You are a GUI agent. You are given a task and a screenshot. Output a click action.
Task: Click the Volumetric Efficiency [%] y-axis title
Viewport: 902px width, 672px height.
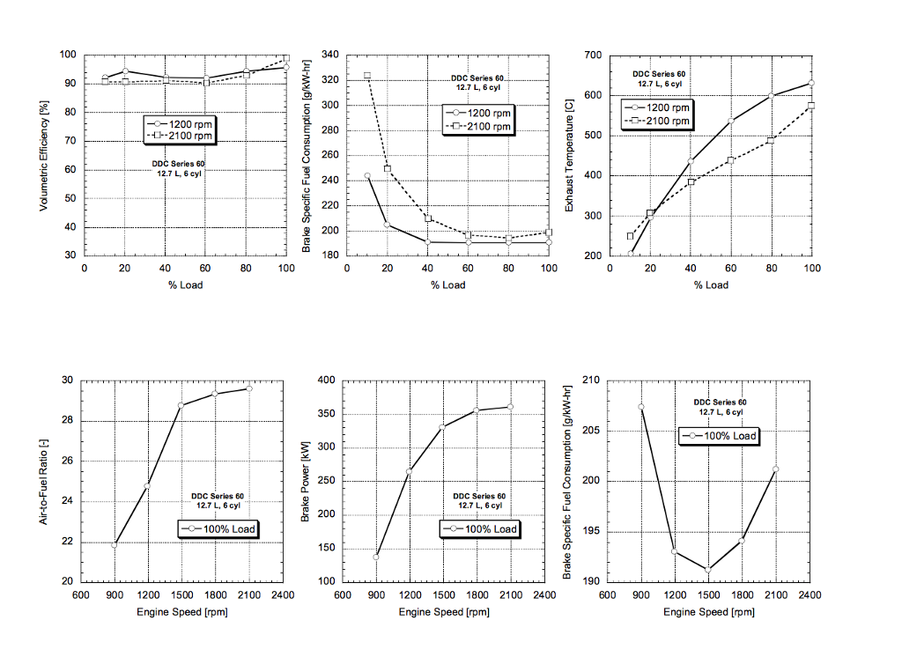point(43,155)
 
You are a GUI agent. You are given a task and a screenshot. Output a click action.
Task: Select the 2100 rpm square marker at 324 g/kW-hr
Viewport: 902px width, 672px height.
point(367,76)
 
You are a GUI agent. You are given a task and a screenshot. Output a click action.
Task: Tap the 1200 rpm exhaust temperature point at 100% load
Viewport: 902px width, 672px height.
point(811,83)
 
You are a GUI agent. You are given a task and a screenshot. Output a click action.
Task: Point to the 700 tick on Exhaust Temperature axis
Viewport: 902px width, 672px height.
point(592,55)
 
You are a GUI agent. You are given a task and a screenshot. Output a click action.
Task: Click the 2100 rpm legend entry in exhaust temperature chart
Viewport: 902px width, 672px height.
point(656,121)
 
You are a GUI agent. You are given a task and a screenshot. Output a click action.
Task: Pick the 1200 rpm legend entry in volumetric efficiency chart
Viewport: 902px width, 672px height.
point(181,124)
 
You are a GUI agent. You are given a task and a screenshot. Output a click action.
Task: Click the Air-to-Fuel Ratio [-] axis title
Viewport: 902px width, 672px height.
point(43,481)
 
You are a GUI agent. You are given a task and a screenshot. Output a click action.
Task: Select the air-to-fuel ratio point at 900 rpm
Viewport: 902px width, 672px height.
point(115,544)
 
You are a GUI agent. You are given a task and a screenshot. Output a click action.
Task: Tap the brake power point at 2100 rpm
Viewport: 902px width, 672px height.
point(510,407)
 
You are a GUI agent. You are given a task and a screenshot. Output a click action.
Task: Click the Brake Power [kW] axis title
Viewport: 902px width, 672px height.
point(306,481)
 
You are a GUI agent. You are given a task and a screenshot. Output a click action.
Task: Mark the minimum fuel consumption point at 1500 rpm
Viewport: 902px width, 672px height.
point(708,570)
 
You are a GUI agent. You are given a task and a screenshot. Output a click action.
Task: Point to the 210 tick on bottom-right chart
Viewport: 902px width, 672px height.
point(590,380)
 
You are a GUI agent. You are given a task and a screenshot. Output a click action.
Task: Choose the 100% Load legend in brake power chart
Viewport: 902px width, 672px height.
point(480,528)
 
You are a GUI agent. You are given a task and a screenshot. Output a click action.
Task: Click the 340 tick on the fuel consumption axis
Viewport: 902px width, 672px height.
point(329,55)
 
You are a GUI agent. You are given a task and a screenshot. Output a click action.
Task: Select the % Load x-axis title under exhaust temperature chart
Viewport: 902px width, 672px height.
point(711,284)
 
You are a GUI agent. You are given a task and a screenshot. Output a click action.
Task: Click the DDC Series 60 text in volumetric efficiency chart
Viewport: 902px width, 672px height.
point(179,164)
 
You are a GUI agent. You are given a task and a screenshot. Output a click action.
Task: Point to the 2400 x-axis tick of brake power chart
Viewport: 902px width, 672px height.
point(544,594)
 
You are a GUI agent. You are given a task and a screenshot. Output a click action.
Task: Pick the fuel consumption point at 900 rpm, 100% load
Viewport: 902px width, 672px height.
point(641,407)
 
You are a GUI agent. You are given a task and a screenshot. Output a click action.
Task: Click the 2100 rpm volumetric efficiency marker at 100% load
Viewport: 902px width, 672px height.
point(286,58)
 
